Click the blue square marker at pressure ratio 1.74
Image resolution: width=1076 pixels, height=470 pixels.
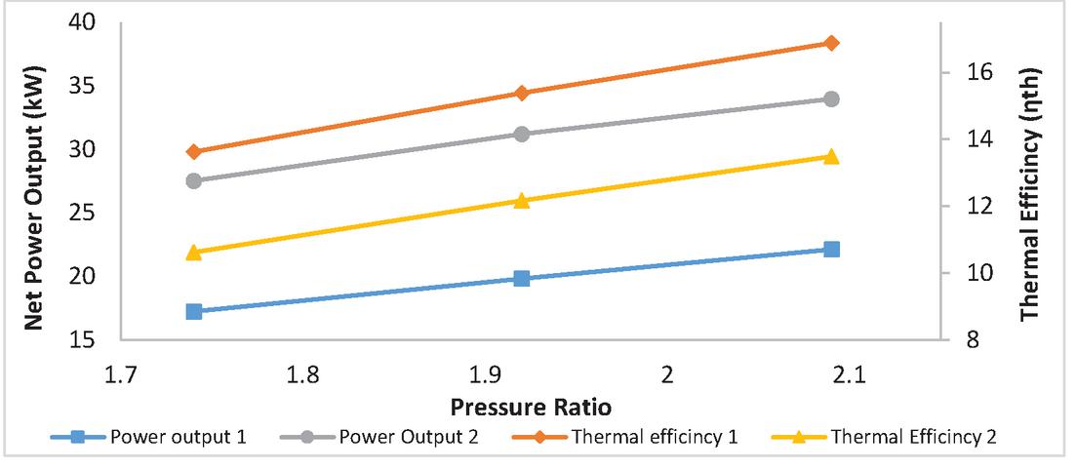pos(194,311)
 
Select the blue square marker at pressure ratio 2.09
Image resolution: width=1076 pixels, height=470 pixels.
pos(831,250)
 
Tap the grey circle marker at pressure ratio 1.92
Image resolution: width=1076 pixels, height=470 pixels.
pos(522,134)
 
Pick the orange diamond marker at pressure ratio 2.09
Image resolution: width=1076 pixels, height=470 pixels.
pos(831,43)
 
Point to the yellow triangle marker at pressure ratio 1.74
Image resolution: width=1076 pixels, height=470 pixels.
pos(194,252)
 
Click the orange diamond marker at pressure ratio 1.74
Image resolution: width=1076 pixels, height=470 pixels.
pos(194,152)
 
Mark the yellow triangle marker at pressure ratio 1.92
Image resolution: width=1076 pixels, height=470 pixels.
pos(522,200)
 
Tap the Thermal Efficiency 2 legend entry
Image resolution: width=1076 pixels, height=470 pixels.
pos(897,436)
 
